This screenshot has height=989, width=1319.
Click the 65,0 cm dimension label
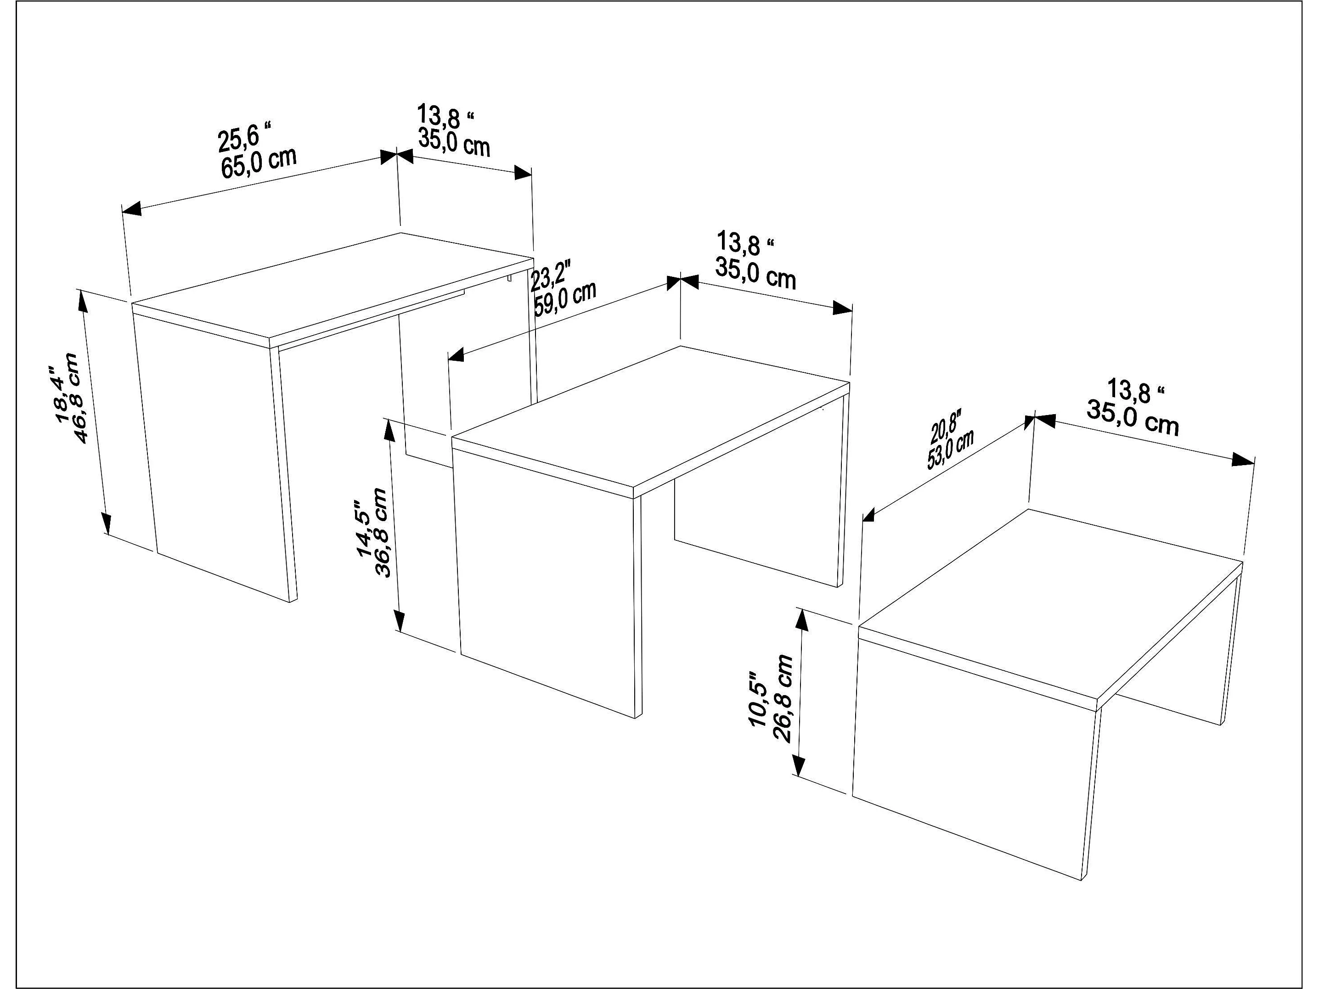[259, 162]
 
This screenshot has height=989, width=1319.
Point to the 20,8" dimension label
[943, 429]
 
